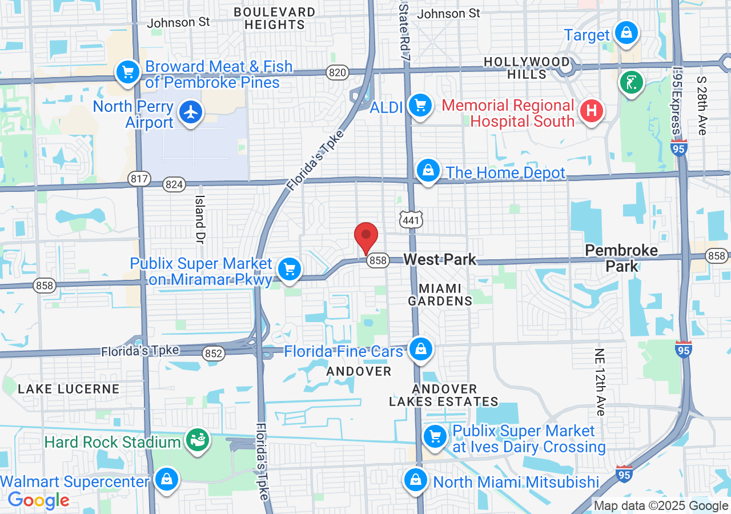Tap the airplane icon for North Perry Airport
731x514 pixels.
191,112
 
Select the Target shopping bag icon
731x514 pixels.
626,33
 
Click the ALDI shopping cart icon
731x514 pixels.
420,106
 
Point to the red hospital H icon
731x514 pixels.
592,110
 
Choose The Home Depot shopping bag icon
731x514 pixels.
427,171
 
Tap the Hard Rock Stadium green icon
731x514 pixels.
198,440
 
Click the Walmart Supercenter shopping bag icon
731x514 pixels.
166,480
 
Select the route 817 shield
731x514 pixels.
139,179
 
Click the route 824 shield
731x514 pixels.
174,184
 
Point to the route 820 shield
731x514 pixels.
338,72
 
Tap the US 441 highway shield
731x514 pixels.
411,220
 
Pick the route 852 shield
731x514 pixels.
213,354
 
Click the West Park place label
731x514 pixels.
440,260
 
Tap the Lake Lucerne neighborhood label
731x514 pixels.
69,389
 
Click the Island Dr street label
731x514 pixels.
200,218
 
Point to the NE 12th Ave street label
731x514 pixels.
600,382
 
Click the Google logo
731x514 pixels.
38,501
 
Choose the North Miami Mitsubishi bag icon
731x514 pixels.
416,480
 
